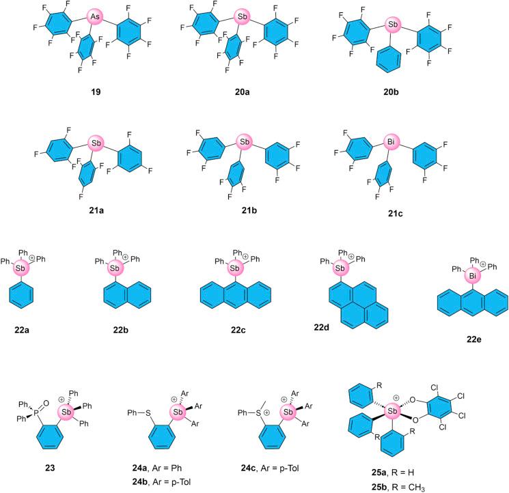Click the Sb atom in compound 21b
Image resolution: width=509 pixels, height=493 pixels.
click(x=243, y=143)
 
